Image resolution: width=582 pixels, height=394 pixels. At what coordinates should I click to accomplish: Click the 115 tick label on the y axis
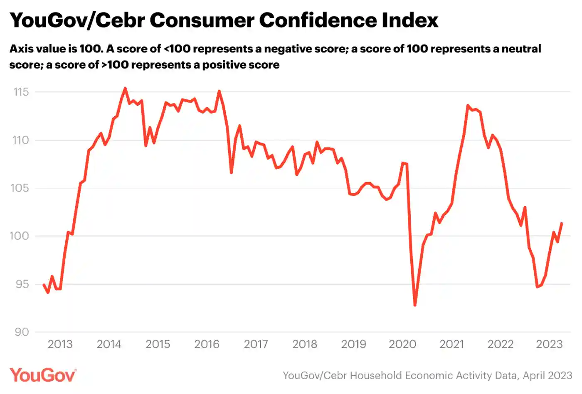21,92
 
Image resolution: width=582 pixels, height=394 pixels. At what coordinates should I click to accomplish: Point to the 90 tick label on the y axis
22,332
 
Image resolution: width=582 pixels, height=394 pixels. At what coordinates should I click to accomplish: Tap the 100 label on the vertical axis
19,236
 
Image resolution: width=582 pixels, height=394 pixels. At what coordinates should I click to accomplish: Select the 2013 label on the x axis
60,345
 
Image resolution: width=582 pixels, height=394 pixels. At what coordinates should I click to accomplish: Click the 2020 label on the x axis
402,345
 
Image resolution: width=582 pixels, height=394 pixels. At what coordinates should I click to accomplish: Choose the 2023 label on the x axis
549,345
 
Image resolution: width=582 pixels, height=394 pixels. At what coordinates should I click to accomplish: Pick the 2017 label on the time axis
256,345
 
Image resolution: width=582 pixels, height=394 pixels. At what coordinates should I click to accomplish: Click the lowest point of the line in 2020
415,305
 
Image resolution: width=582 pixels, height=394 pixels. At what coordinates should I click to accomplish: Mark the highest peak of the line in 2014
125,88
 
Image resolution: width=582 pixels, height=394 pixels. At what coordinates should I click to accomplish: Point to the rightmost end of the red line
562,223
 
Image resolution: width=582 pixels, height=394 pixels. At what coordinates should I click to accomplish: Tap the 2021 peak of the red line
468,106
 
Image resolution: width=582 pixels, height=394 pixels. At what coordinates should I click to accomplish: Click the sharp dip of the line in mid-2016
231,173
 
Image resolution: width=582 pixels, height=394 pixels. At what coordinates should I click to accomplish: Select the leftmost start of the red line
43,285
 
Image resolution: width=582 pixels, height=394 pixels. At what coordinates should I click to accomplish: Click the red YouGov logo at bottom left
43,375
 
